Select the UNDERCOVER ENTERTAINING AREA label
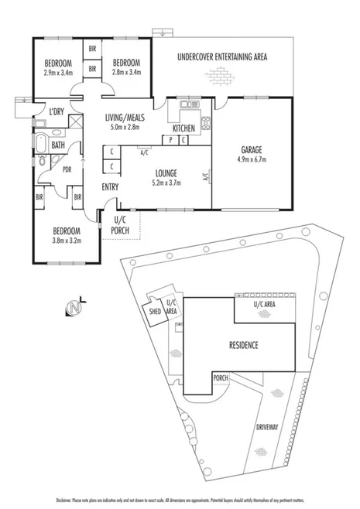(222, 56)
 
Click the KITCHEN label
(184, 128)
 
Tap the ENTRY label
(110, 186)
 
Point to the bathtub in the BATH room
(39, 143)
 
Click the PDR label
(67, 169)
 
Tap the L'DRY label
(57, 113)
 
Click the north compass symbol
(76, 308)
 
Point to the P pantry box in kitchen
(171, 140)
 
